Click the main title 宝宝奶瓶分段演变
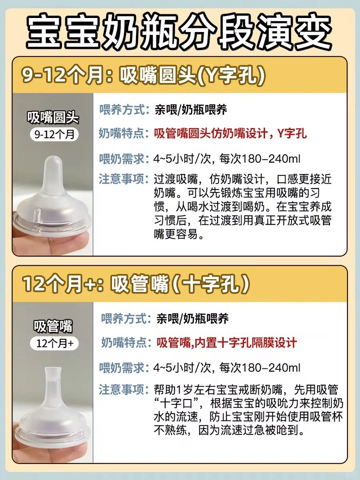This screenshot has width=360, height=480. (x=179, y=31)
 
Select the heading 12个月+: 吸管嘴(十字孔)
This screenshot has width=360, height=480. (x=136, y=284)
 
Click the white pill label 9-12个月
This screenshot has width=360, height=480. (x=54, y=134)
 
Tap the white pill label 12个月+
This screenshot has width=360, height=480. (x=54, y=343)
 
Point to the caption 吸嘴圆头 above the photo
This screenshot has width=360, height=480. (x=53, y=118)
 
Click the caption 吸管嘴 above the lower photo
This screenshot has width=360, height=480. (x=53, y=326)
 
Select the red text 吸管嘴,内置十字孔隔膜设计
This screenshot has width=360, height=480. (x=227, y=343)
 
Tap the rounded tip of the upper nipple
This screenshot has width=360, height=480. (x=53, y=161)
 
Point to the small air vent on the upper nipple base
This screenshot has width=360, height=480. (x=38, y=213)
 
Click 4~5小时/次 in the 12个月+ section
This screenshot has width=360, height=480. (x=182, y=368)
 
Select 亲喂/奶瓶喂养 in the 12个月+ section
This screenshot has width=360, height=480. (x=192, y=319)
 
